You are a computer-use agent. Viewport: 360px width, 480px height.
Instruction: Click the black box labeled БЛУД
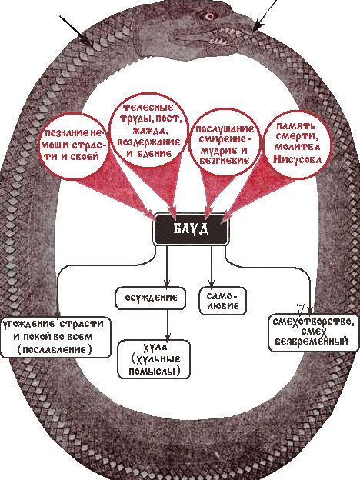(191, 229)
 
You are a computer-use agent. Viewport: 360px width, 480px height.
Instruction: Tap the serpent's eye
(209, 16)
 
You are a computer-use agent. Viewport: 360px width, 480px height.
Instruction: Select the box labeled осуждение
(150, 298)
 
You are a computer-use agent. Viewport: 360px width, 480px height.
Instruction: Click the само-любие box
(222, 301)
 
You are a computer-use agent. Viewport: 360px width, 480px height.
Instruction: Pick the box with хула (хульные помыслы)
(154, 359)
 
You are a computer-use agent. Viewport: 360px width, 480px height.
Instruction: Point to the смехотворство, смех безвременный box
(314, 332)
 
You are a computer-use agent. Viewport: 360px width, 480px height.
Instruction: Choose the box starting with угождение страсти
(55, 338)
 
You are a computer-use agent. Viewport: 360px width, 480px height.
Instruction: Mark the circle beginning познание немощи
(74, 146)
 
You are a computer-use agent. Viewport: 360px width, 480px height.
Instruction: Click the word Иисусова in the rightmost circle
(297, 159)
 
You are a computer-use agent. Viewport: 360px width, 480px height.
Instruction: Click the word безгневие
(224, 161)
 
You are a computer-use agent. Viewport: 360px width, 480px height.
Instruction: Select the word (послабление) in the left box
(55, 349)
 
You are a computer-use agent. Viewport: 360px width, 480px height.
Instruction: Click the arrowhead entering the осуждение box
(167, 283)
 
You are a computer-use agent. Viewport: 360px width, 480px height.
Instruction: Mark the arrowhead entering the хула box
(168, 336)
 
